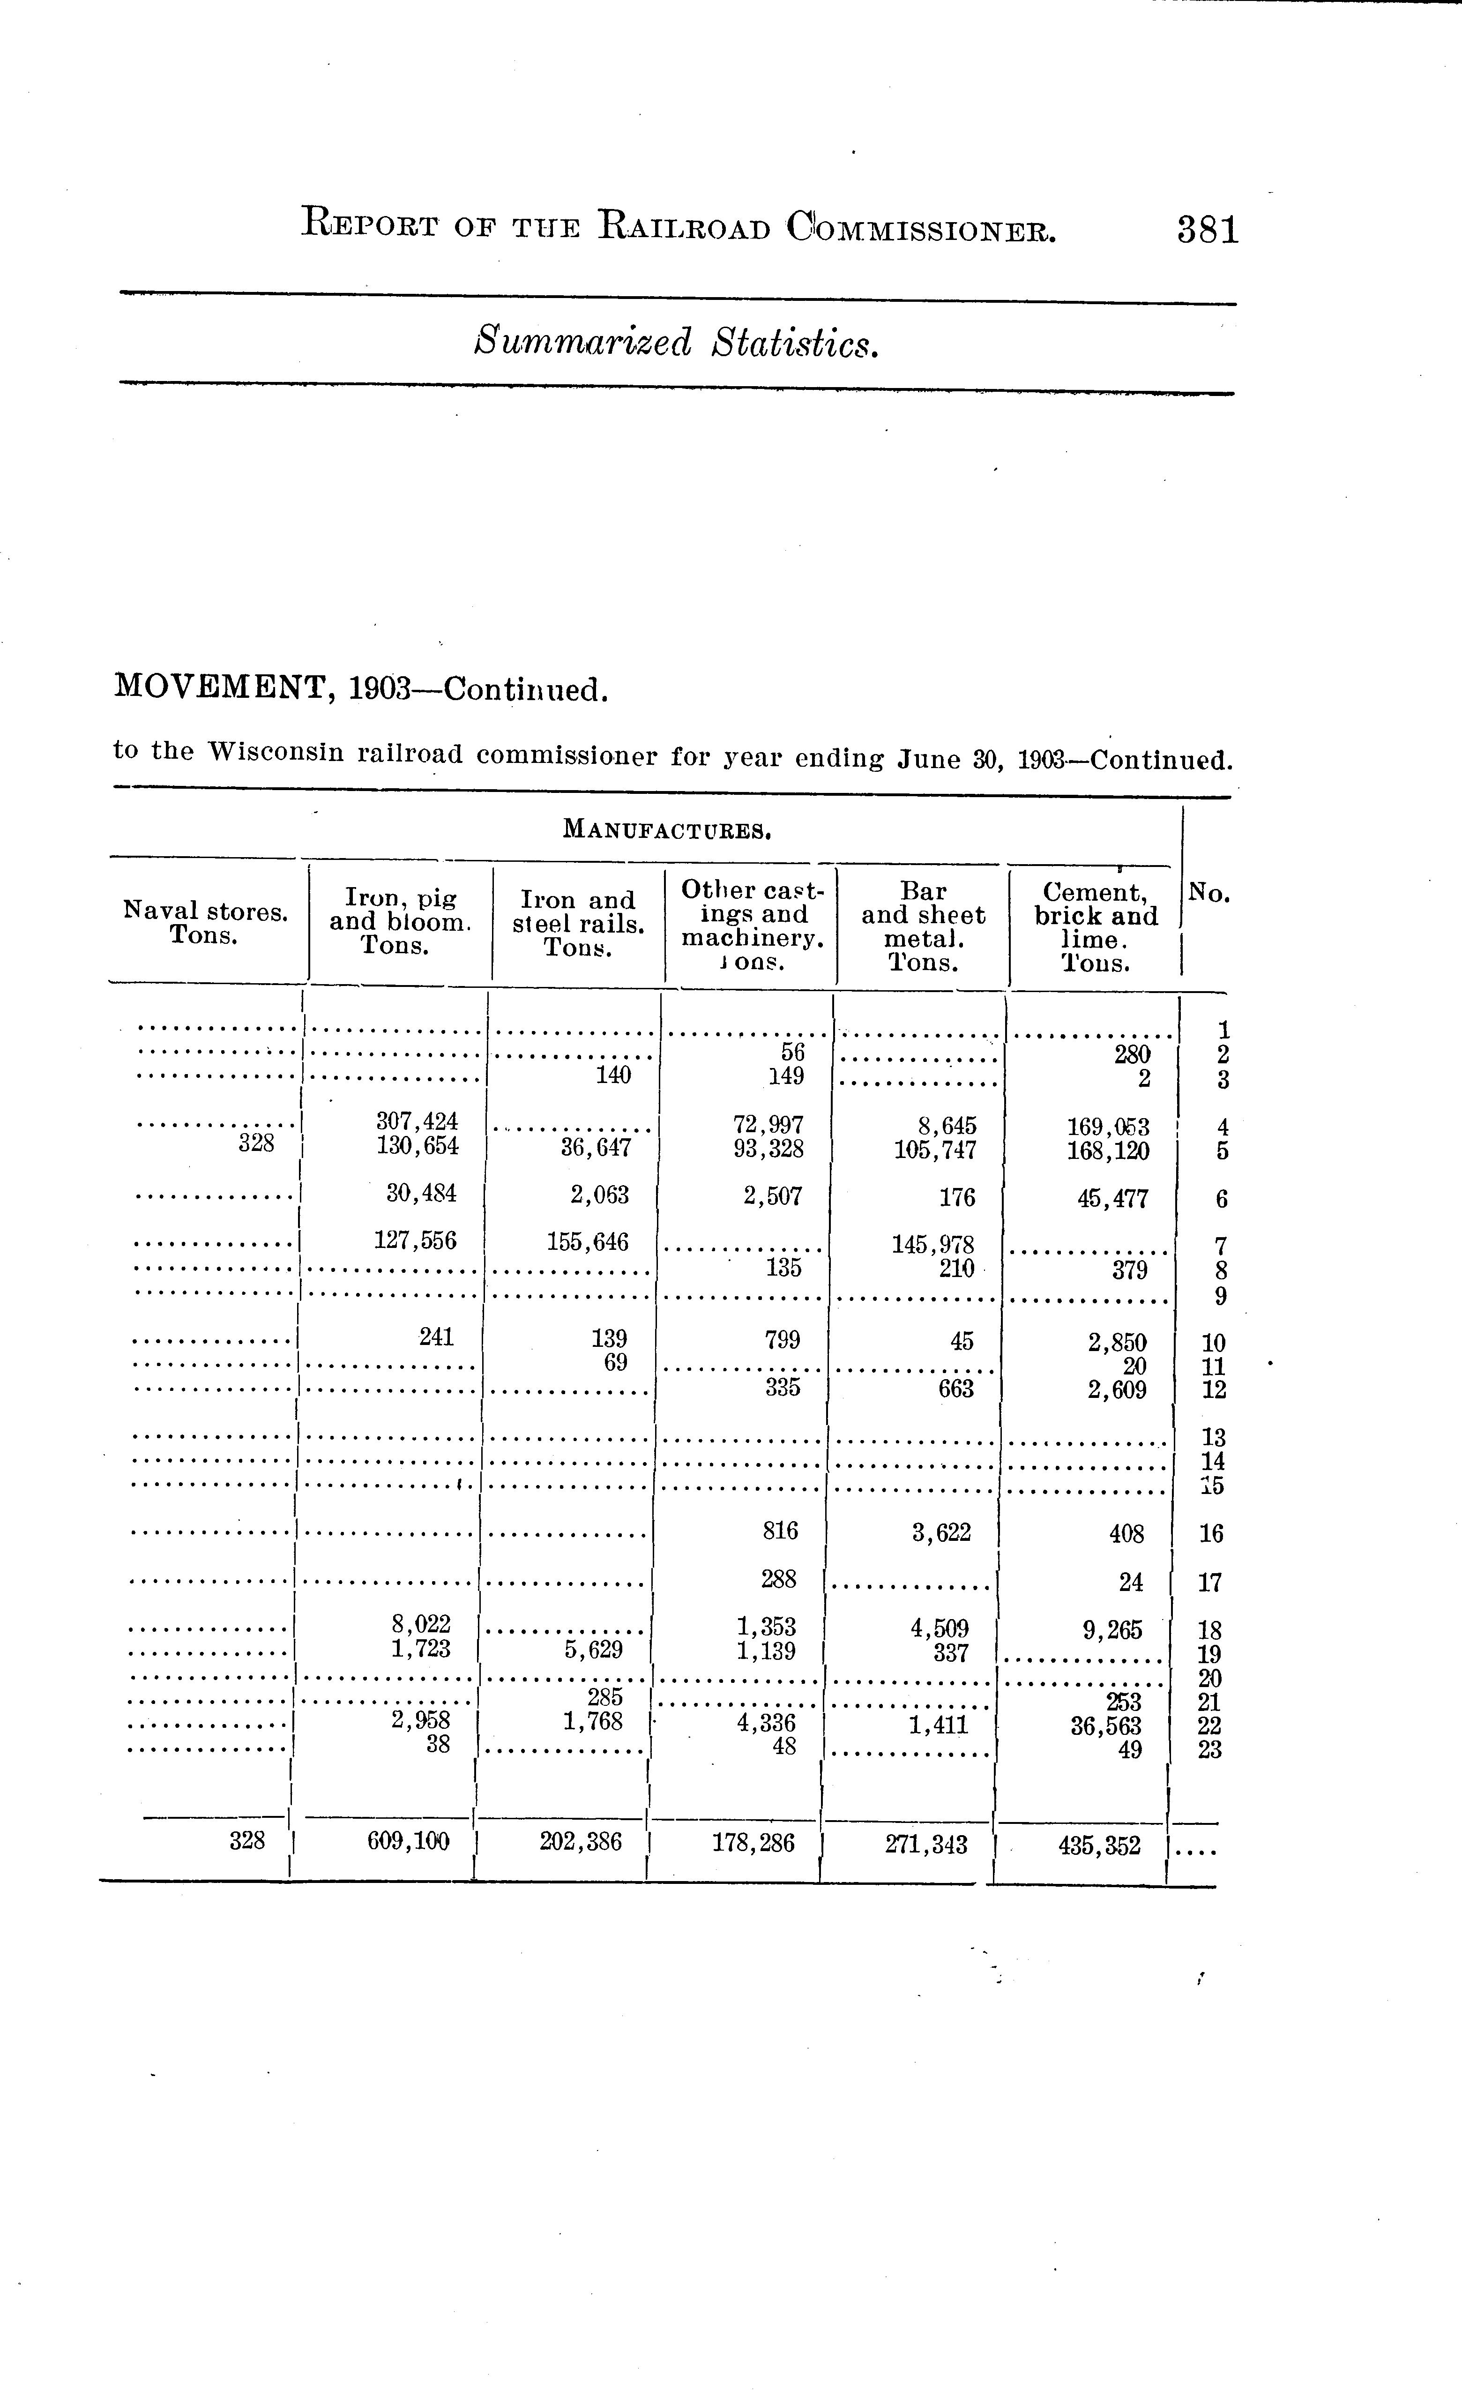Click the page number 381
pos(1208,230)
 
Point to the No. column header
pos(1209,893)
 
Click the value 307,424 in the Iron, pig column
pos(417,1121)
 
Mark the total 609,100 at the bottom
pos(409,1841)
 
